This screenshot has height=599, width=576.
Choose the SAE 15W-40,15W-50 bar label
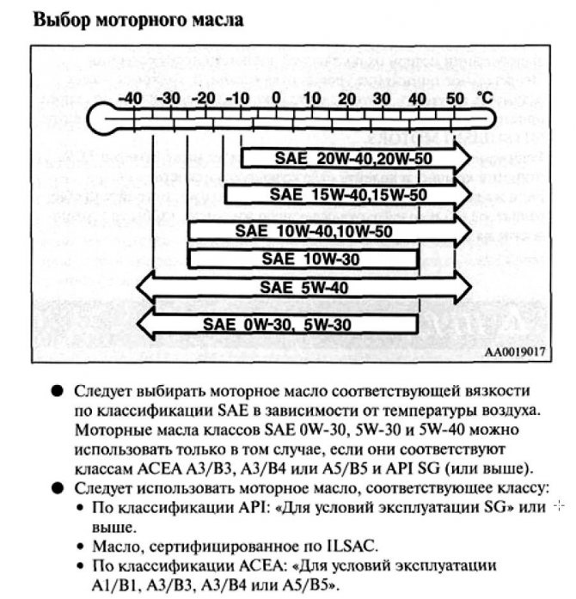[347, 195]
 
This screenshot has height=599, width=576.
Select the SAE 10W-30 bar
[303, 257]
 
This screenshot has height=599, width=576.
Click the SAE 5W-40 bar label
[305, 287]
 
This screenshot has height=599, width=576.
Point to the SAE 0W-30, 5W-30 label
[278, 324]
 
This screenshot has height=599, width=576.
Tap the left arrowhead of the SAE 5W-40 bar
[144, 287]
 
